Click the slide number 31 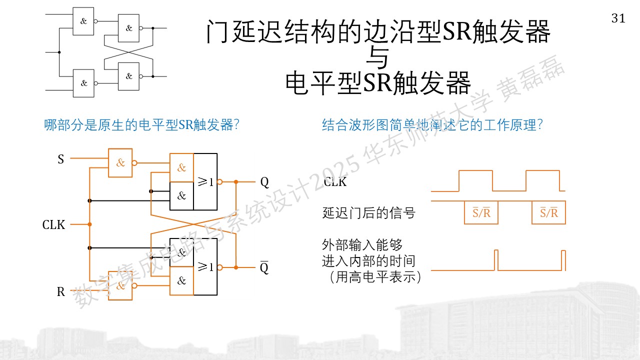(x=618, y=18)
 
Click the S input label (x=61, y=159)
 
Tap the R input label (x=61, y=291)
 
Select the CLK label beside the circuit (x=53, y=225)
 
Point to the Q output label (x=264, y=182)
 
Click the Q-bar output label (x=264, y=267)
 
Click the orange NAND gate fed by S (x=120, y=163)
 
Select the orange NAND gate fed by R (x=120, y=285)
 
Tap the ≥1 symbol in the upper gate (x=205, y=181)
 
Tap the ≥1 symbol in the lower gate (x=205, y=267)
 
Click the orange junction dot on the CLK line (x=89, y=224)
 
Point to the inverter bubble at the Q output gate (x=219, y=181)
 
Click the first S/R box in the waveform (x=481, y=212)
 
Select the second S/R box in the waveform (x=548, y=212)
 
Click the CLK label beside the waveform (x=335, y=181)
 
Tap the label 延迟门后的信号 (x=368, y=213)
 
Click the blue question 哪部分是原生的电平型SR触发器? (x=141, y=125)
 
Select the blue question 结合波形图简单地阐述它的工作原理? (x=432, y=125)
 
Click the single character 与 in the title (x=377, y=57)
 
